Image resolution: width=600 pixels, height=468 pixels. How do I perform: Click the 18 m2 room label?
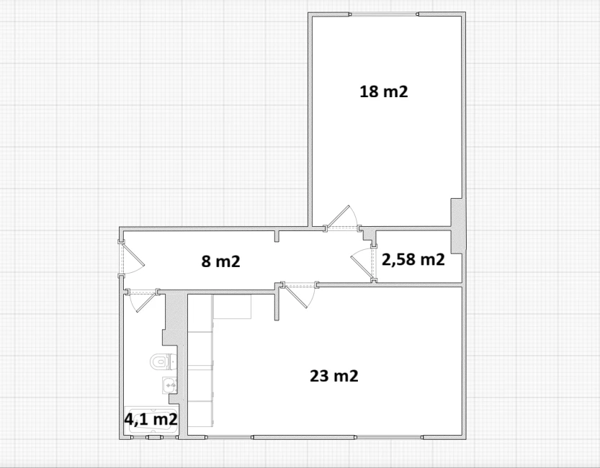click(x=384, y=91)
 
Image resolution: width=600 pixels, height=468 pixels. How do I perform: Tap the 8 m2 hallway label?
click(x=221, y=261)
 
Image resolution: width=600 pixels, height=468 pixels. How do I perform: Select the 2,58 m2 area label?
click(x=413, y=260)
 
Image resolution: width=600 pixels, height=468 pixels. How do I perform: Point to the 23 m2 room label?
click(x=334, y=376)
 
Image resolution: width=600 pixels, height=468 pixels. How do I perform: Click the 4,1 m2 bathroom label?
click(x=151, y=420)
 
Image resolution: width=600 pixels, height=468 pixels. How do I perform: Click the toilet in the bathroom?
click(x=163, y=361)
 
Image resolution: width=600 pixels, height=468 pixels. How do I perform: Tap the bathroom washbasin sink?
click(x=169, y=385)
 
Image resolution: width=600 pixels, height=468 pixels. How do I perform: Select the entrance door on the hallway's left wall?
click(x=131, y=258)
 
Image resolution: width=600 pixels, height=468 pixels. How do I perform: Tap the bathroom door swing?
click(x=143, y=301)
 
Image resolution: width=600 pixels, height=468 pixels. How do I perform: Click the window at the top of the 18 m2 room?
click(x=384, y=14)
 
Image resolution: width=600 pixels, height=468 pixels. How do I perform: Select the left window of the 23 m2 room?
click(x=230, y=437)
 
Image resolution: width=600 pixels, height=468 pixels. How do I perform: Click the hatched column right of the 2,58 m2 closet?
click(x=457, y=225)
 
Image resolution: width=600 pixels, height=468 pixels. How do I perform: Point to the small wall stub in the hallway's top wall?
click(x=277, y=235)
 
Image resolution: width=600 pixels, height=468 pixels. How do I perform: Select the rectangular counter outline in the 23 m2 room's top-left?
click(x=232, y=307)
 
